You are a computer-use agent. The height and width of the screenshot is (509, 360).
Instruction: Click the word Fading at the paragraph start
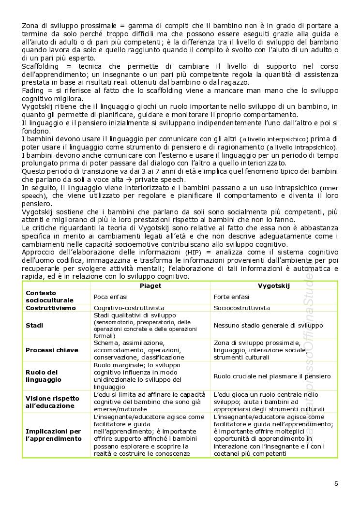(32, 90)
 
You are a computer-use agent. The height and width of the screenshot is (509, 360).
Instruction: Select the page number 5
(336, 483)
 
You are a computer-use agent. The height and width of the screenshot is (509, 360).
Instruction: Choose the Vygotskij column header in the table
(274, 286)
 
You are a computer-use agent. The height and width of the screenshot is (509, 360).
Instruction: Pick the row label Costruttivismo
(50, 308)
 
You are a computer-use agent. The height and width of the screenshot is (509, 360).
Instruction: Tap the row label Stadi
(34, 325)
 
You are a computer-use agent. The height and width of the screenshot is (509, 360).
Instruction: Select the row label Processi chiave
(50, 350)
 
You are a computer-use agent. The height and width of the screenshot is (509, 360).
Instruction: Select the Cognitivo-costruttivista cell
(129, 308)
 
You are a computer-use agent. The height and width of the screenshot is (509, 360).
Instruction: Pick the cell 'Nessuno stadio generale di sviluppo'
(268, 326)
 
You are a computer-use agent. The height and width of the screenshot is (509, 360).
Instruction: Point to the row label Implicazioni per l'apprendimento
(53, 435)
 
